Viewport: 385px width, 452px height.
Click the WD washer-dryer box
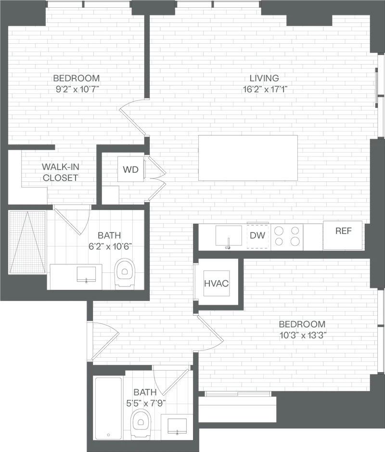[130, 169]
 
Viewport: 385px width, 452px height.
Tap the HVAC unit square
[217, 283]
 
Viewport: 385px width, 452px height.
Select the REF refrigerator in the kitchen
[342, 235]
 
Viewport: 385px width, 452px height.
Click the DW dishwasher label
[257, 235]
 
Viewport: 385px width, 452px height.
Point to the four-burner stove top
[287, 236]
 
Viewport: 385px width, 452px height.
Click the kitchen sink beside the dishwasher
[229, 236]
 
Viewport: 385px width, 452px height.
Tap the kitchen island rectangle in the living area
[248, 158]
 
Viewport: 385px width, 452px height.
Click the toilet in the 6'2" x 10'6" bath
[125, 273]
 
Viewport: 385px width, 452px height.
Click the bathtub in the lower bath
[108, 408]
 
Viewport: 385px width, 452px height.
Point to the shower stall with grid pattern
[27, 242]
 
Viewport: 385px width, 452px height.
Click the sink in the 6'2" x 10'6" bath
[86, 274]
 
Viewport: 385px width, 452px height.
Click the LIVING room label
[264, 78]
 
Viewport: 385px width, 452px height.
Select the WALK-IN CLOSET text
[61, 172]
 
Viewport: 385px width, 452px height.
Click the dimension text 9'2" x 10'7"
[77, 90]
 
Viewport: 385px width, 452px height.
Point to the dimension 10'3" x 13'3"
[303, 336]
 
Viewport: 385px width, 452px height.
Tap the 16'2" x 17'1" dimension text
[265, 90]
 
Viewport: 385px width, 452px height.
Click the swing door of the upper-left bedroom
[133, 117]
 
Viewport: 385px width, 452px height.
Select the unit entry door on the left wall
[104, 341]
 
